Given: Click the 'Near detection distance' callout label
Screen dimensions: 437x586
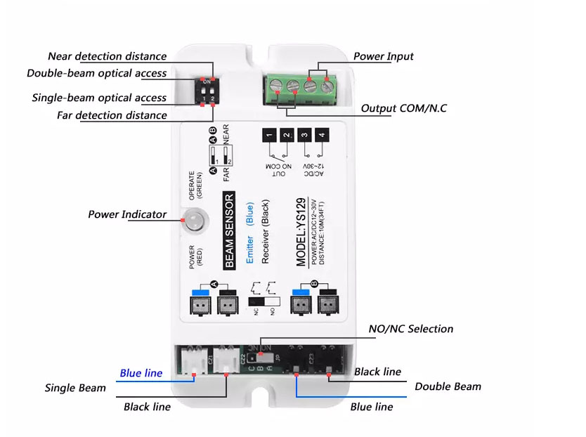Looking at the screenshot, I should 107,56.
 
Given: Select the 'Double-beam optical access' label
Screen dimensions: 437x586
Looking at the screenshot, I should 97,73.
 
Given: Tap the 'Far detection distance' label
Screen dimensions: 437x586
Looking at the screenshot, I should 112,115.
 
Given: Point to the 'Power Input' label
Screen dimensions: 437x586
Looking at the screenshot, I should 383,56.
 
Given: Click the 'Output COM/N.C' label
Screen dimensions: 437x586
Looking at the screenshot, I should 403,108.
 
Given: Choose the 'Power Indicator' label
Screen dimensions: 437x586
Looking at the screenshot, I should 127,214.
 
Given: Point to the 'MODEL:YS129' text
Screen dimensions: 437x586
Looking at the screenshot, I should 301,232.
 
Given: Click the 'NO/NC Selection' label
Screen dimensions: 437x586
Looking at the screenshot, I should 411,329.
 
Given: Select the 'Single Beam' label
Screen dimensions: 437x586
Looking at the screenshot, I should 75,388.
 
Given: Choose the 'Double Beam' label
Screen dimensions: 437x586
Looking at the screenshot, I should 448,386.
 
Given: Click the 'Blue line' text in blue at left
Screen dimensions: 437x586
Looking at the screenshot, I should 141,373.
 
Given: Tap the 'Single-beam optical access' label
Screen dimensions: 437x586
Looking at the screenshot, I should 99,98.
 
